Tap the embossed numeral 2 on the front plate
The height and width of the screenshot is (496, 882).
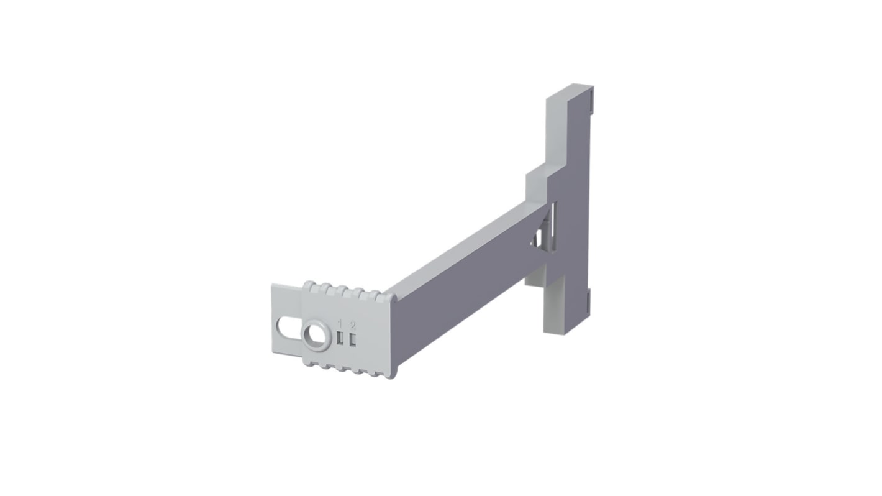353,326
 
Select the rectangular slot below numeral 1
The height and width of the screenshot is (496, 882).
340,338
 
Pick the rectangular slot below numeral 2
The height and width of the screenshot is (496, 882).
353,341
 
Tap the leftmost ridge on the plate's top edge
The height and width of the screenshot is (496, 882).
309,285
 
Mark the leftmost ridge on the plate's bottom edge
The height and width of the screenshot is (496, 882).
310,362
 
